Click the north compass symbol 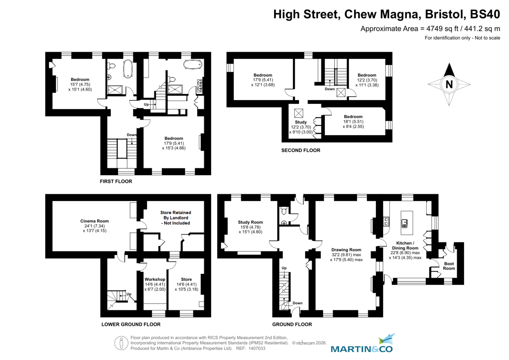tap(449, 84)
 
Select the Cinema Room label tap(95, 221)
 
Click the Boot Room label tap(449, 265)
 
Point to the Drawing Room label tap(346, 250)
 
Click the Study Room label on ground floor tap(250, 222)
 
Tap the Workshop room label tap(155, 279)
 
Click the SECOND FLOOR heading tap(301, 150)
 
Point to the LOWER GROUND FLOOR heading tap(131, 324)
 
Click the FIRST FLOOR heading tap(116, 181)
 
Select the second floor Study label tap(301, 122)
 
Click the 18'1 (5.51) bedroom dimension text tap(353, 122)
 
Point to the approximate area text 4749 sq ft tap(430, 29)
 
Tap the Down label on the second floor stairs tap(330, 89)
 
